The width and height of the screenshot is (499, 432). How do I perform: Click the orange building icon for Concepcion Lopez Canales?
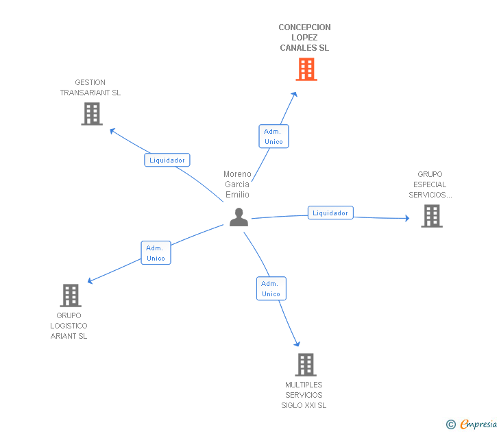[306, 69]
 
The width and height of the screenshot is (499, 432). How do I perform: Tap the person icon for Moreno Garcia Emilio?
[239, 217]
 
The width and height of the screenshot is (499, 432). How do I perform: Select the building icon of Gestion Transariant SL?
[91, 114]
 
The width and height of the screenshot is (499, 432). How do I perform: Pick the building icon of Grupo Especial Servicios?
[431, 216]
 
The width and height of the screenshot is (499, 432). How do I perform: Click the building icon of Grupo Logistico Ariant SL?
[70, 296]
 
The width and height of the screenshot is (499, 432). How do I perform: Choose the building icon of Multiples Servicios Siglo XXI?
[306, 365]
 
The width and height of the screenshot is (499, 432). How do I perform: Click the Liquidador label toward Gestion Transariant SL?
[167, 160]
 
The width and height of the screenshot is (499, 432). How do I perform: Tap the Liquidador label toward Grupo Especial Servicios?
[330, 213]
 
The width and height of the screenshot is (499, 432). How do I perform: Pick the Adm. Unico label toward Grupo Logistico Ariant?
[156, 253]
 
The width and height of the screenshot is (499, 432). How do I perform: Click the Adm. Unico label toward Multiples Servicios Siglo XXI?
[271, 289]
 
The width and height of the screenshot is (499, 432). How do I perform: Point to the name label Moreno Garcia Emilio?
[237, 184]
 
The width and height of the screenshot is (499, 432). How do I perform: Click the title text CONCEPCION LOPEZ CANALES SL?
[304, 38]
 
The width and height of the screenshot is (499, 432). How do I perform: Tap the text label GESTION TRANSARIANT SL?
[90, 88]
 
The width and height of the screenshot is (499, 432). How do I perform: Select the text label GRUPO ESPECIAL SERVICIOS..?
[430, 184]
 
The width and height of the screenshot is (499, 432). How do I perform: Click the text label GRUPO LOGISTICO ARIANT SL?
[69, 326]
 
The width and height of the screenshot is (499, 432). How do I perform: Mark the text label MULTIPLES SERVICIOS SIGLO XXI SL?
[304, 395]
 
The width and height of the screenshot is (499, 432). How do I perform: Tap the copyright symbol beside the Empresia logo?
[451, 424]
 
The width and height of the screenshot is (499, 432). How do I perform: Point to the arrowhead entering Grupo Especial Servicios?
[406, 219]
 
